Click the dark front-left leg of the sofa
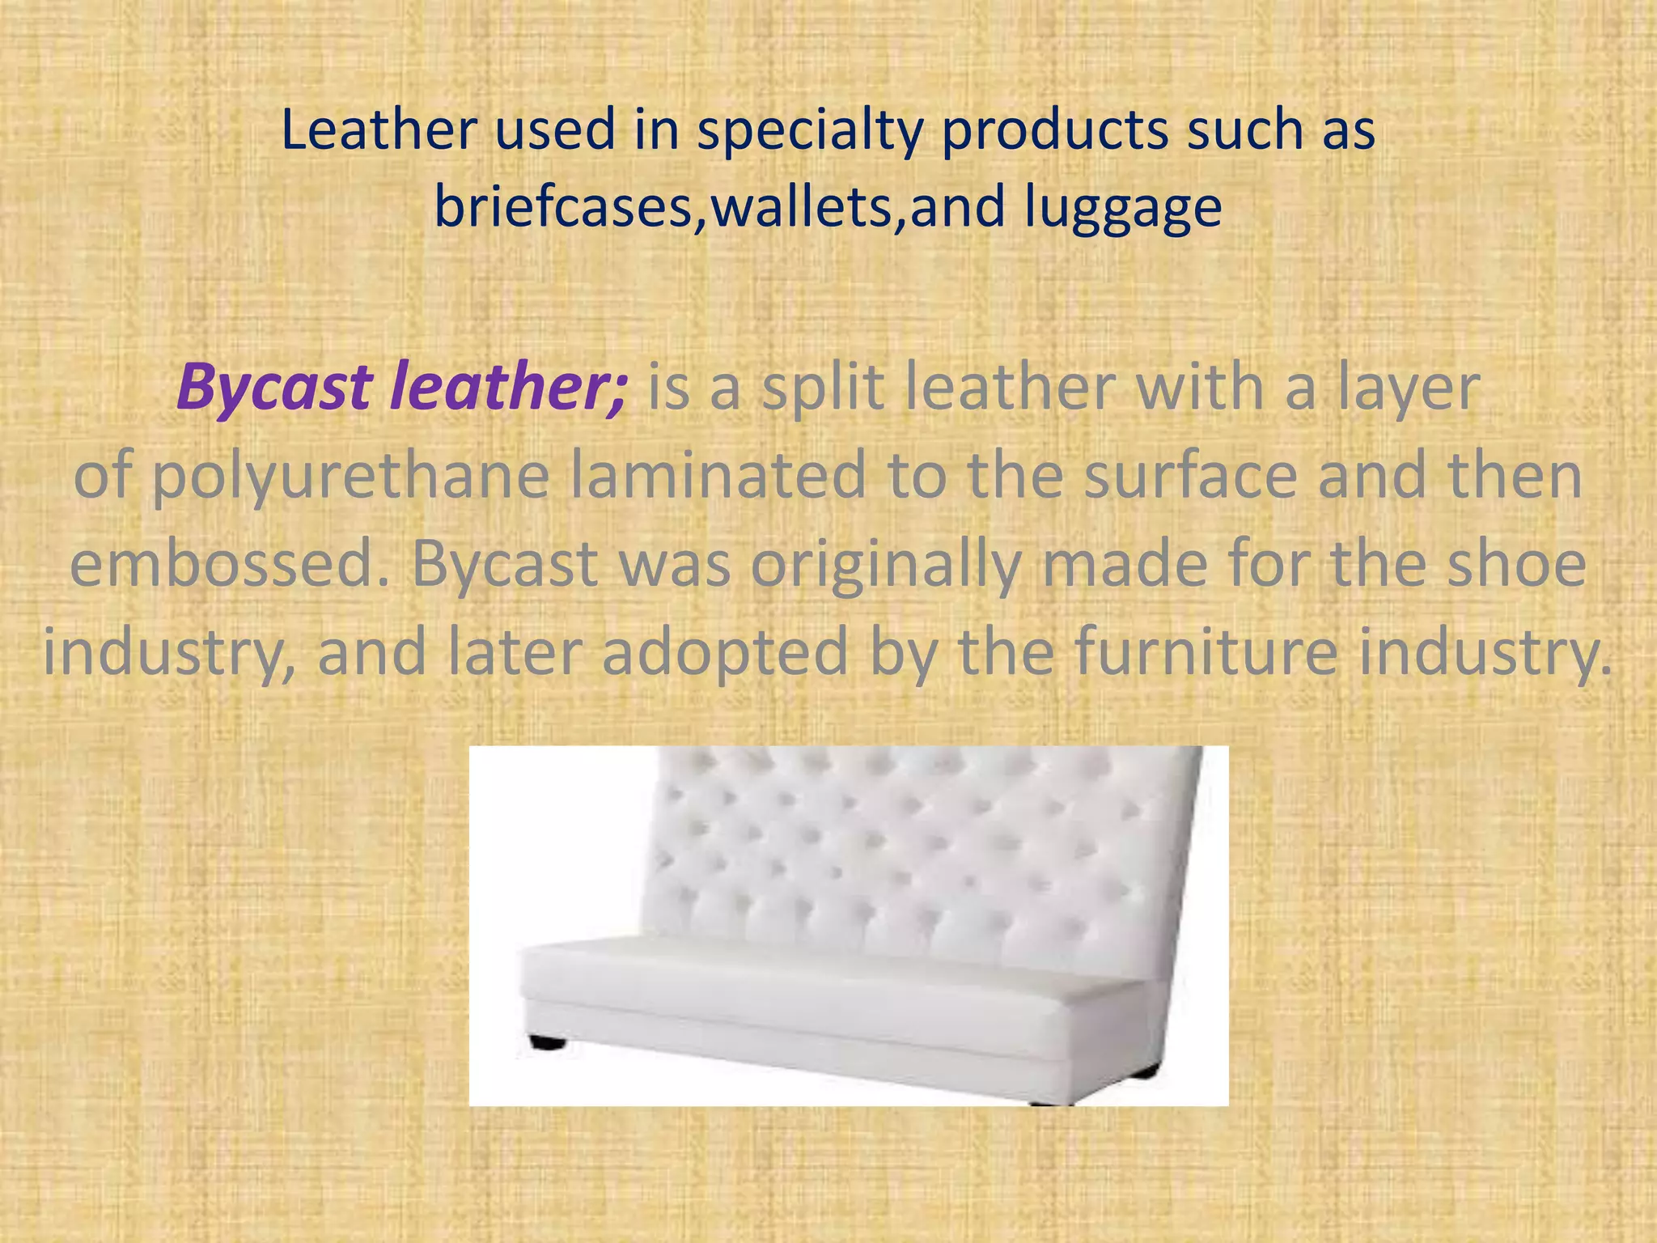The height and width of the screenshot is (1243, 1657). pyautogui.click(x=547, y=1042)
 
